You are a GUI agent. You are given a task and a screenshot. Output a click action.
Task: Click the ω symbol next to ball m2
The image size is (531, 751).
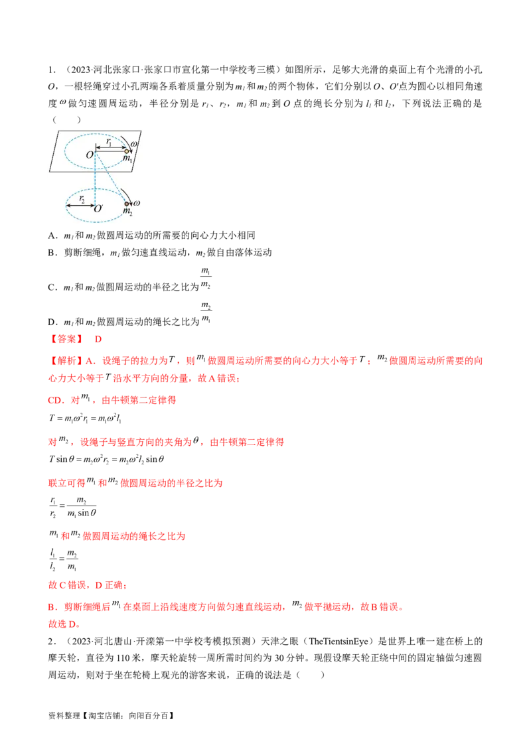(x=137, y=202)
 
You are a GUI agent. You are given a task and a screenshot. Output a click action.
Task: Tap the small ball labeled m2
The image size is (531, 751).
(x=126, y=204)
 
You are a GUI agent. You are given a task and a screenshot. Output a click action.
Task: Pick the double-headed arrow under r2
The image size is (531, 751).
(x=80, y=205)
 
